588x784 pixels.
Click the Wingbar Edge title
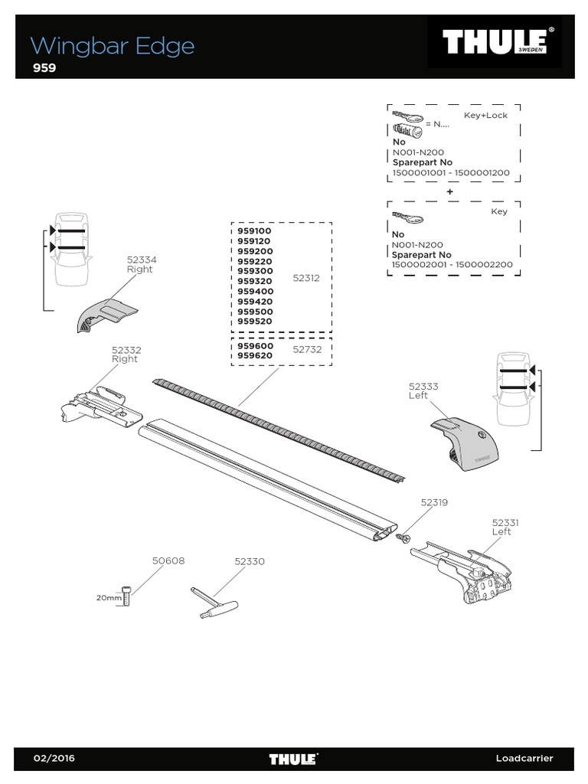(113, 46)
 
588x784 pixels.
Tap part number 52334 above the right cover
(140, 260)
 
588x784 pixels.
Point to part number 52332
(126, 350)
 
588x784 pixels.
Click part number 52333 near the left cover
(423, 387)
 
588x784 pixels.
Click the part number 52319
(434, 503)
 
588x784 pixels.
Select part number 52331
(505, 522)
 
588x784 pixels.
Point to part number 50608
(168, 561)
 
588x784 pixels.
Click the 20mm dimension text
(108, 598)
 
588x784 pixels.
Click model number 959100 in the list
(255, 231)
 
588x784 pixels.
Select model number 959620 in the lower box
(255, 356)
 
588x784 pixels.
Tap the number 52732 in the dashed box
(307, 349)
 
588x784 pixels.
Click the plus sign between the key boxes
(449, 191)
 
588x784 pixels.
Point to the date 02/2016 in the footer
(54, 759)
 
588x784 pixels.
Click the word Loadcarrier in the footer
(524, 759)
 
